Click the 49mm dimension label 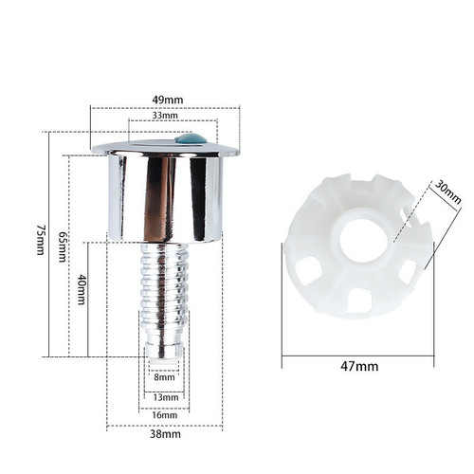point(168,100)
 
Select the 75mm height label point(41,240)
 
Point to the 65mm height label point(63,246)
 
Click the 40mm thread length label point(82,289)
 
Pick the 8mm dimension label point(164,377)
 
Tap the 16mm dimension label point(164,415)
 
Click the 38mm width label point(165,434)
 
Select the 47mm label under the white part point(359,366)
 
